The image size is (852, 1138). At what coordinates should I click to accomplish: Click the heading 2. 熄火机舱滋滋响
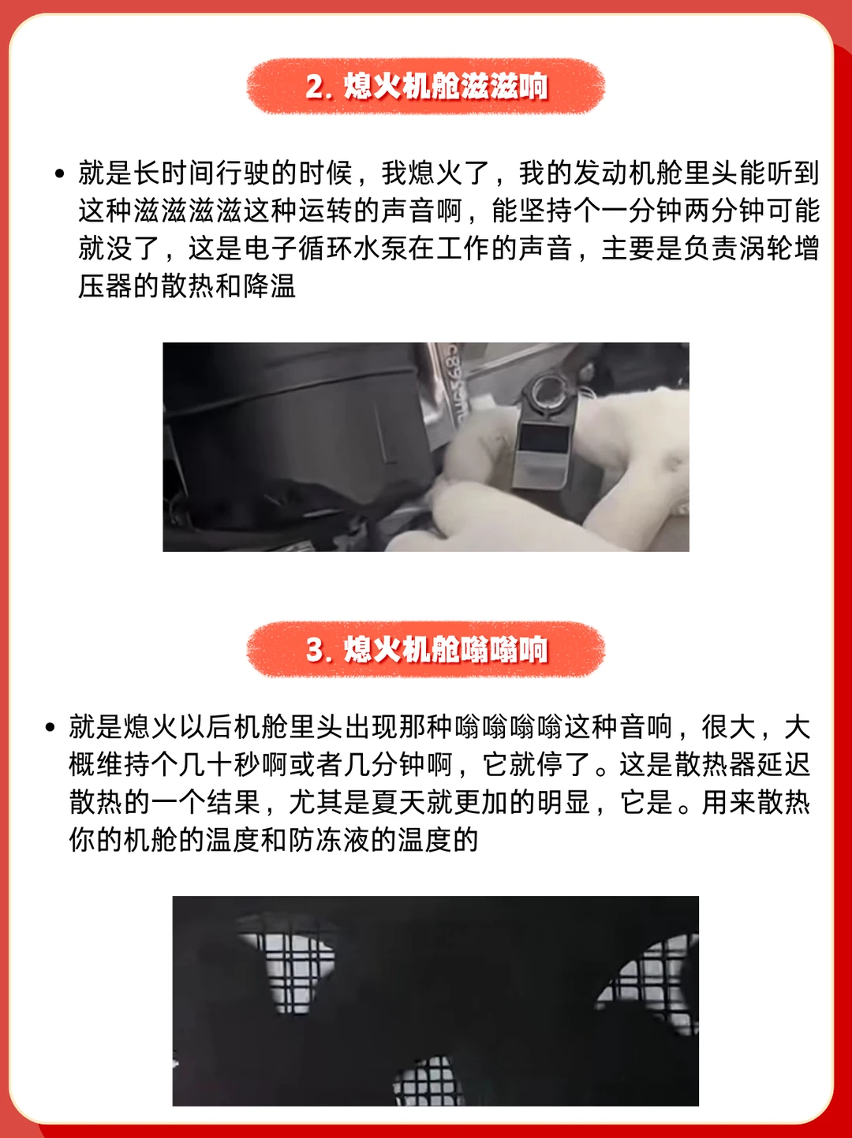[x=426, y=86]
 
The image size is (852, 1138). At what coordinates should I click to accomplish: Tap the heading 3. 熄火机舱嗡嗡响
[x=426, y=649]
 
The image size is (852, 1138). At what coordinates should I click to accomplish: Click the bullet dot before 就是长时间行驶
[x=60, y=173]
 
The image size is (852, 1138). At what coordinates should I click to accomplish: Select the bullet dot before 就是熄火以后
[x=50, y=727]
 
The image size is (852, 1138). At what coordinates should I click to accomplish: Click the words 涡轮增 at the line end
[x=779, y=249]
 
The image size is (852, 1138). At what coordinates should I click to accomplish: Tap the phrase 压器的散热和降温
[x=187, y=287]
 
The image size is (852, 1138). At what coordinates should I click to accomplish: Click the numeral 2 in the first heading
[x=314, y=87]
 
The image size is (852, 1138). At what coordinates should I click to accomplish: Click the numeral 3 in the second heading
[x=314, y=650]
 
